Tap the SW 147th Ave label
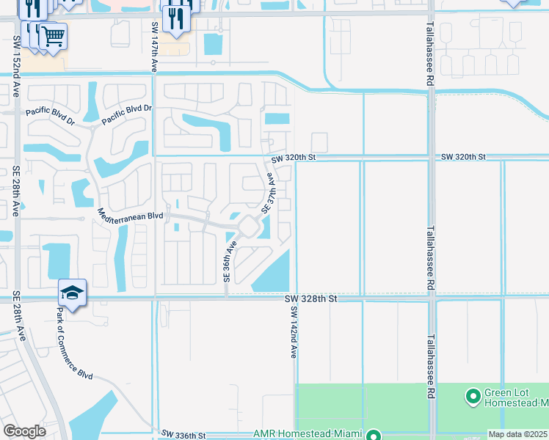point(155,46)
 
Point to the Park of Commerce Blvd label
point(74,342)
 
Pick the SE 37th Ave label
point(269,192)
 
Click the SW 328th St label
point(310,299)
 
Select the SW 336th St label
point(183,435)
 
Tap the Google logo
point(24,431)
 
